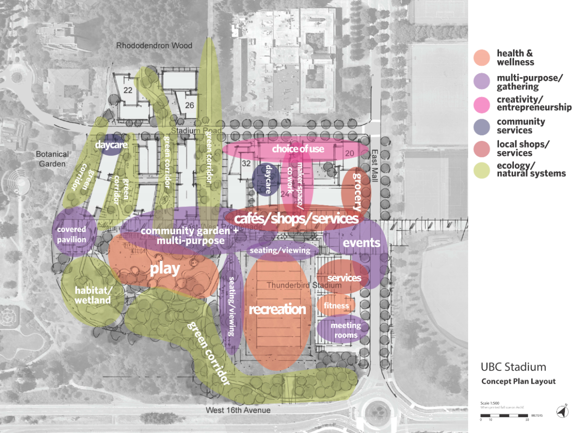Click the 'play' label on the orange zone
[165, 269]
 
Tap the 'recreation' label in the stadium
[277, 309]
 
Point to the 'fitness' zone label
[336, 306]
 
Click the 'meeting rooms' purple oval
[345, 330]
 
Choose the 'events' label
[361, 243]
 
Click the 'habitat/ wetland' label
[93, 295]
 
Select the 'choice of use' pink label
[298, 149]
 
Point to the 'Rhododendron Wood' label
[154, 46]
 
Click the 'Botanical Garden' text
[52, 159]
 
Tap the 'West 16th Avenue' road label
[238, 410]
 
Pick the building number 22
[128, 90]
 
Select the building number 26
[189, 105]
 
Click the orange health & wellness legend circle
[482, 57]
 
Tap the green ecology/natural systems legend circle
[482, 169]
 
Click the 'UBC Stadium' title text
[513, 367]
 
